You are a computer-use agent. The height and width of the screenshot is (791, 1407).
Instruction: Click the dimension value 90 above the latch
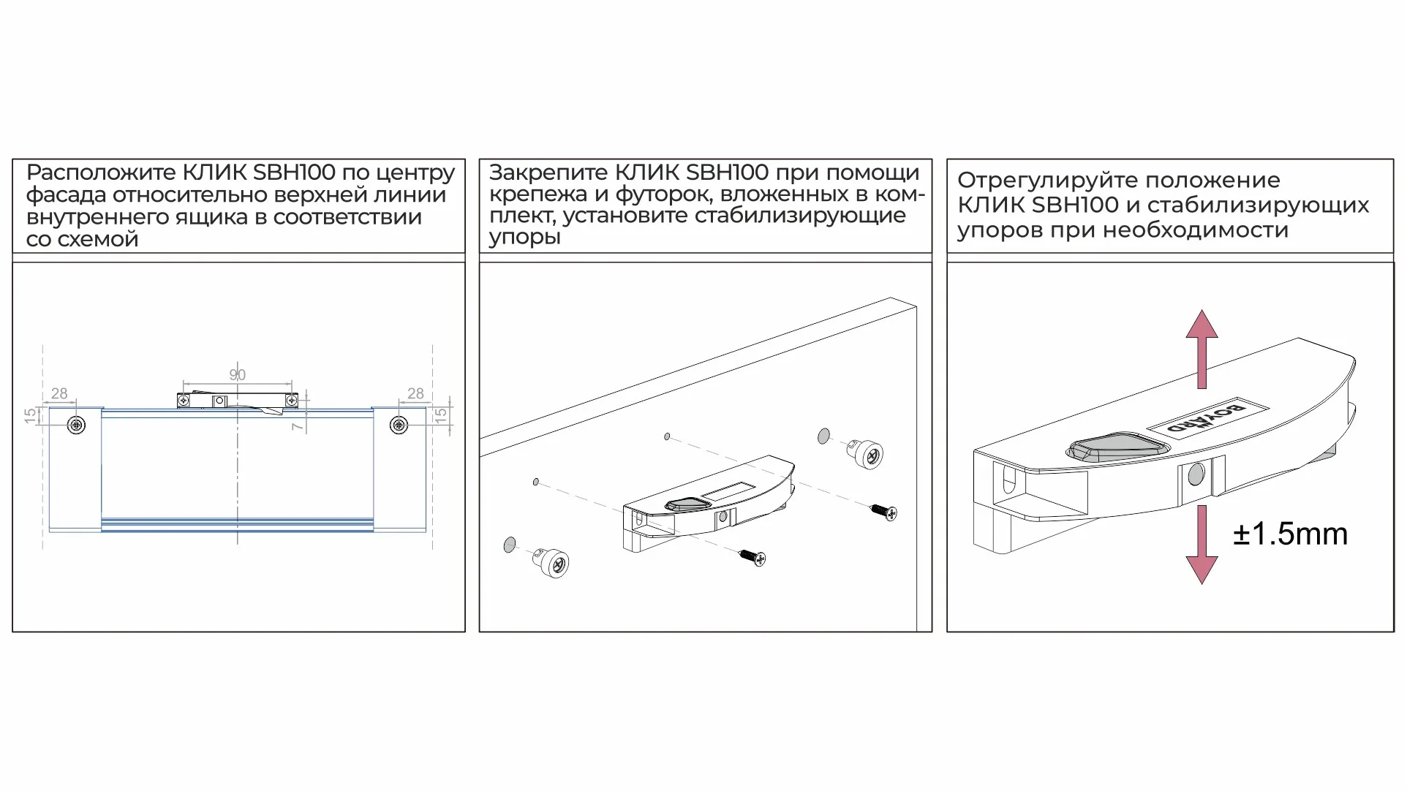[237, 375]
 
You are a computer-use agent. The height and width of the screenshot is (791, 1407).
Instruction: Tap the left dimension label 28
[59, 393]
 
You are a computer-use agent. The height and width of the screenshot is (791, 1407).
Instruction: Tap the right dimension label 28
[415, 393]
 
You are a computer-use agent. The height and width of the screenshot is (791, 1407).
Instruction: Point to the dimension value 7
[297, 425]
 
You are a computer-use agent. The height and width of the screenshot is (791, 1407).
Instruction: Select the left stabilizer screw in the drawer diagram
[76, 425]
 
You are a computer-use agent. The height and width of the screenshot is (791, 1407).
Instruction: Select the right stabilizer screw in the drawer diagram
[399, 425]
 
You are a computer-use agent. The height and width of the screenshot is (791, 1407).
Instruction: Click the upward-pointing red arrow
[1202, 348]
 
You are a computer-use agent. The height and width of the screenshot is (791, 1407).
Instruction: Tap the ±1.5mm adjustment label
[1290, 534]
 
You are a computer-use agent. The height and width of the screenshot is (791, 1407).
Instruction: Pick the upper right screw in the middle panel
[883, 511]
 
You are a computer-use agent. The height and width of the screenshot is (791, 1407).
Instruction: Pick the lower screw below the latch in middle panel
[753, 558]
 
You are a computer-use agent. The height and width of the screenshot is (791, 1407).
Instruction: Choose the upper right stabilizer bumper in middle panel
[867, 455]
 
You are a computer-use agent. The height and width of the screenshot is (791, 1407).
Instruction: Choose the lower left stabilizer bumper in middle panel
[554, 562]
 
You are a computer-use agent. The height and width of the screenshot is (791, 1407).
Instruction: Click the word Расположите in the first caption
[101, 173]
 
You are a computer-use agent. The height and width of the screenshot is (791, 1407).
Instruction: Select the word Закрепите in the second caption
[548, 173]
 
